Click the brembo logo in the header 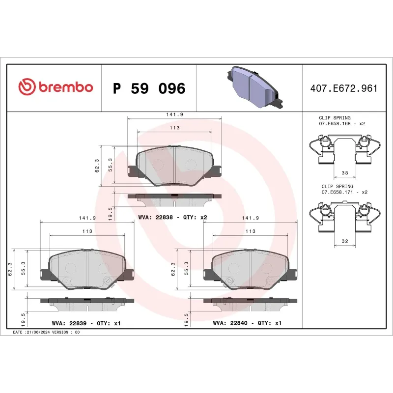coord(56,87)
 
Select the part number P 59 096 coord(149,88)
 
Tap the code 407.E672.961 coord(344,88)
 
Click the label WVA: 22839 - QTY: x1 coord(86,323)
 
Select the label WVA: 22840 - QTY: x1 coord(247,323)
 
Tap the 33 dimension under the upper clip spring coord(344,173)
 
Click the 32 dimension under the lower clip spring coord(344,241)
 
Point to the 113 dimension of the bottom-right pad coord(251,231)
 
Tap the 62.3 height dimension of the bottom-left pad coord(10,269)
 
